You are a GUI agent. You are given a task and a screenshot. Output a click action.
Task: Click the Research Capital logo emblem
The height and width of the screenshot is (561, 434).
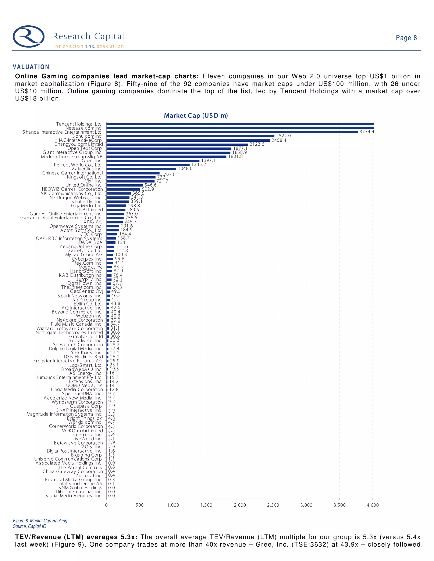pos(29,36)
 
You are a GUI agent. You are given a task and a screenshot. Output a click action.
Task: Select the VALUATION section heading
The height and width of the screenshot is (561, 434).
pos(31,67)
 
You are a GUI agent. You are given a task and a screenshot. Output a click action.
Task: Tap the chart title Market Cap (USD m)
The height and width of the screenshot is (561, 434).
pos(196,116)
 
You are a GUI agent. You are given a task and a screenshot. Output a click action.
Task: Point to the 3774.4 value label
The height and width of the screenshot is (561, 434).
pos(367,132)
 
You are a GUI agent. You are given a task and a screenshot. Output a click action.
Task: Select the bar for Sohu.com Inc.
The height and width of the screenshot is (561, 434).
pos(190,136)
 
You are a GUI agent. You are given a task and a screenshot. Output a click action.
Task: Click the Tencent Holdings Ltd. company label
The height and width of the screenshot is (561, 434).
pos(79,124)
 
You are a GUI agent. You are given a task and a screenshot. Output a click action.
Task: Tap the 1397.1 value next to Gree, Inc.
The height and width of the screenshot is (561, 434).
pos(208,160)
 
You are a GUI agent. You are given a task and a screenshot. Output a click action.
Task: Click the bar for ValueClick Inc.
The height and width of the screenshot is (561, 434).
pos(141,169)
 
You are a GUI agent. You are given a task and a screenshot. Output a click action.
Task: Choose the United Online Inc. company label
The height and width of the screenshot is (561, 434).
pos(84,185)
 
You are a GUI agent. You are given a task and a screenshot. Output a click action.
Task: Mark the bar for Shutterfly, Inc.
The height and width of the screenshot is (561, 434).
pos(117,202)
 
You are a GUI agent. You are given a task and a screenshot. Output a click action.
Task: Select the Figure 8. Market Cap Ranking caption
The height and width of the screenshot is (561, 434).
pos(40,521)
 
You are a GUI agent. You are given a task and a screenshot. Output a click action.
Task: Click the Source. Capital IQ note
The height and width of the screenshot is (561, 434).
pos(30,526)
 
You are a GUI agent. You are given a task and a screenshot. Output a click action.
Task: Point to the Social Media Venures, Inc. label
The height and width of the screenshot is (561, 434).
pos(74,496)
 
